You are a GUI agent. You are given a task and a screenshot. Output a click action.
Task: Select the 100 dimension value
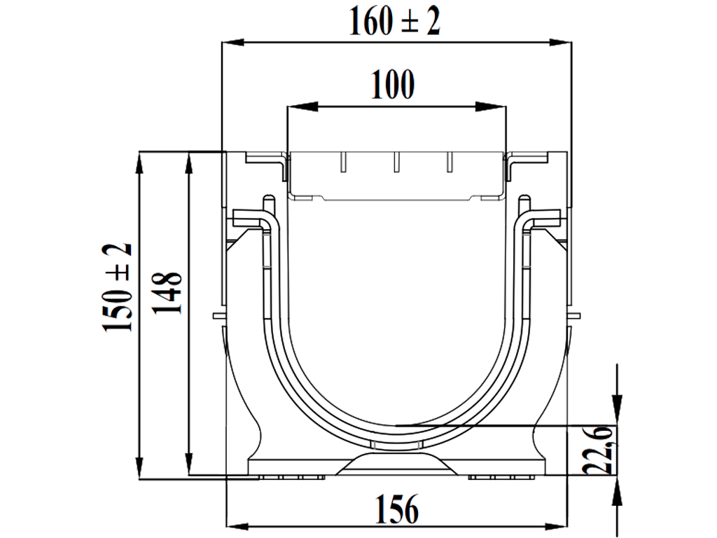point(393,85)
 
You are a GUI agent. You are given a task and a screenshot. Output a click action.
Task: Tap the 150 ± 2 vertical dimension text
point(117,288)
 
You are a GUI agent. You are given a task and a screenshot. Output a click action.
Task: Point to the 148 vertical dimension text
point(168,294)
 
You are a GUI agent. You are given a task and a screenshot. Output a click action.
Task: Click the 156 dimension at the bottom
point(397,509)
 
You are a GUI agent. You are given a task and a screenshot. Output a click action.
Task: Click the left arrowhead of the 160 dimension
point(231,43)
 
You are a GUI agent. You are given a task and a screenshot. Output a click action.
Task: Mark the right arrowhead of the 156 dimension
point(556,525)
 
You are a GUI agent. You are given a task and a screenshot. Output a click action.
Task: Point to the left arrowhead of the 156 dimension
point(237,525)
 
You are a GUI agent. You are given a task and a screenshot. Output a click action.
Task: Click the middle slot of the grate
point(396,163)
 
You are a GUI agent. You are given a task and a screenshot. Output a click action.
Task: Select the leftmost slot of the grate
point(343,163)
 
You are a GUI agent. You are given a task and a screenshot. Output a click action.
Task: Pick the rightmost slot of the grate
point(448,163)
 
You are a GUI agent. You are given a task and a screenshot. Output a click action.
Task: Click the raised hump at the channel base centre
point(396,462)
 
